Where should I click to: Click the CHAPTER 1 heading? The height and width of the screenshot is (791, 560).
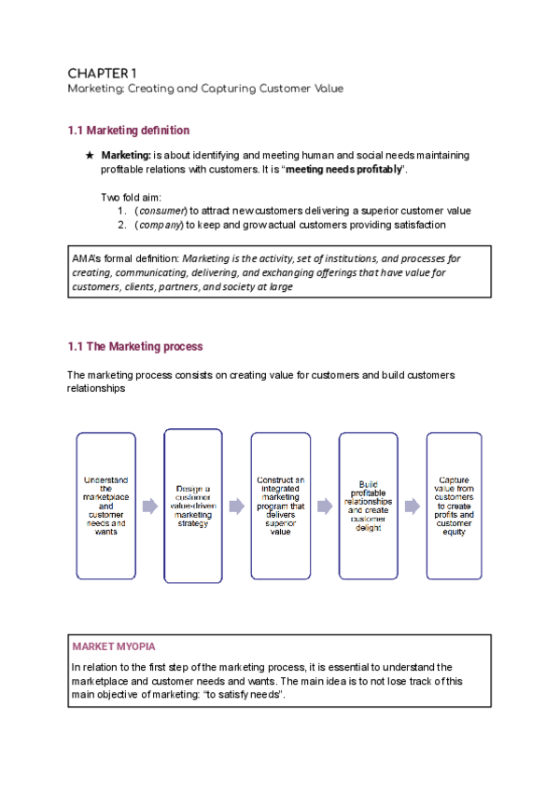[x=103, y=73]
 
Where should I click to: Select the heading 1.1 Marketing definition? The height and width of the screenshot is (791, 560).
[x=129, y=130]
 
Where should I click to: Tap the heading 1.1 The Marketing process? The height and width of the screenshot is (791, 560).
[x=134, y=346]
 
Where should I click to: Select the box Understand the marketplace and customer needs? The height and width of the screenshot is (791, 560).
[x=105, y=505]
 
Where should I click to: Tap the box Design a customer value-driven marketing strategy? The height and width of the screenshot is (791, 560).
[x=193, y=505]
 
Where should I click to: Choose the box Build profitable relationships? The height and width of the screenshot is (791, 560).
[x=368, y=505]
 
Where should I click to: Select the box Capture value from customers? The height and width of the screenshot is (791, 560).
[x=455, y=505]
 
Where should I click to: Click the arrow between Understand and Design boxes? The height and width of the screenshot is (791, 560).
[x=149, y=506]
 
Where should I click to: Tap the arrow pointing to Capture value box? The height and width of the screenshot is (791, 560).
[x=412, y=506]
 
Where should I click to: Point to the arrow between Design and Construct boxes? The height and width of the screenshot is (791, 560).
[x=237, y=506]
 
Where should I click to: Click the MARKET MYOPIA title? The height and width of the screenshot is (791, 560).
[x=114, y=646]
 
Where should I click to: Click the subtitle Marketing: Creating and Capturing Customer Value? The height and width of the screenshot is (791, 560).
[x=205, y=89]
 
